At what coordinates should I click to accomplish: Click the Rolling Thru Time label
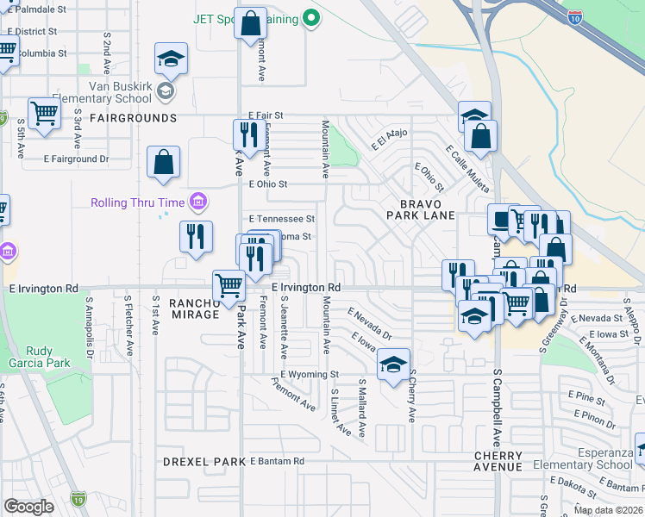coord(139,202)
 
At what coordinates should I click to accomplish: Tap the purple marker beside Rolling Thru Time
coord(199,202)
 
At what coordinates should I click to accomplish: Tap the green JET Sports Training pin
coord(313,18)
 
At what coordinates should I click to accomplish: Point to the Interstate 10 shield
coord(575,15)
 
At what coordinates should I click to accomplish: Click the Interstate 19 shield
coord(78,498)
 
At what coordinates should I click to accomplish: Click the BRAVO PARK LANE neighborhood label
coord(420,209)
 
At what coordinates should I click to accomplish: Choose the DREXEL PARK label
coord(204,462)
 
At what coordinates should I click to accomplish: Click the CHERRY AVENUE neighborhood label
coord(498,461)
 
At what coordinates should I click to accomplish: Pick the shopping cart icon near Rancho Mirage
coord(229,284)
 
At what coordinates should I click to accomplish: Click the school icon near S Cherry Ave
coord(393,365)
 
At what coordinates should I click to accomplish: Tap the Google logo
coord(29,507)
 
